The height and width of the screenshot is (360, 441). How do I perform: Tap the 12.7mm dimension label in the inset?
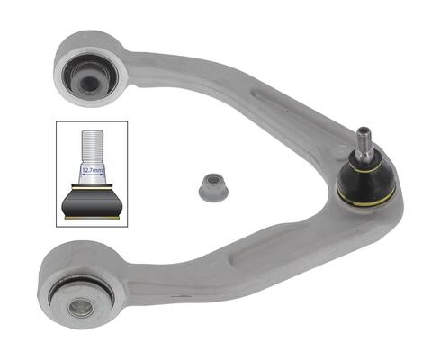click(93, 170)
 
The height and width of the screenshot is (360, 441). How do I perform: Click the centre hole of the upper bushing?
click(88, 82)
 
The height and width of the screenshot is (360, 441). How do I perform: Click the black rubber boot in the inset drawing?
click(92, 202)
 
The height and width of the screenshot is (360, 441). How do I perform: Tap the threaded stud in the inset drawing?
click(93, 147)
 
